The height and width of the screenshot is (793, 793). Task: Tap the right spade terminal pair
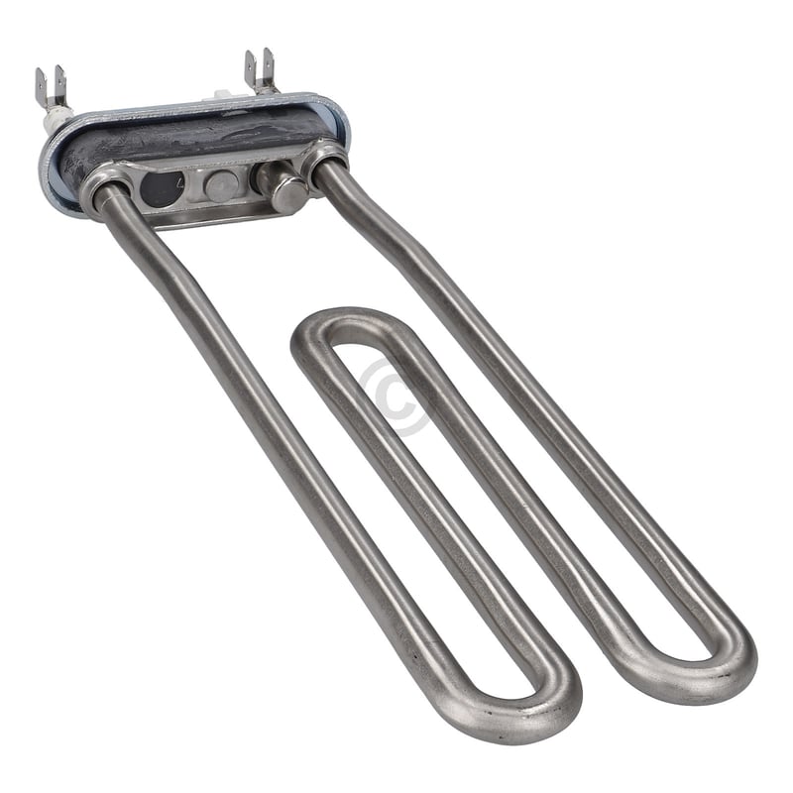tap(260, 69)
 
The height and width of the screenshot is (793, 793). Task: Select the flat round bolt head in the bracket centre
tap(220, 184)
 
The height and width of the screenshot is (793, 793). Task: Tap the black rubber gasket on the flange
tap(198, 134)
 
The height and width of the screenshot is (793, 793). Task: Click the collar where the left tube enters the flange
tap(104, 183)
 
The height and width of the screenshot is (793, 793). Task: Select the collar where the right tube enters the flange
tap(324, 159)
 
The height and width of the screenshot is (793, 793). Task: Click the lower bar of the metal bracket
tap(213, 214)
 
